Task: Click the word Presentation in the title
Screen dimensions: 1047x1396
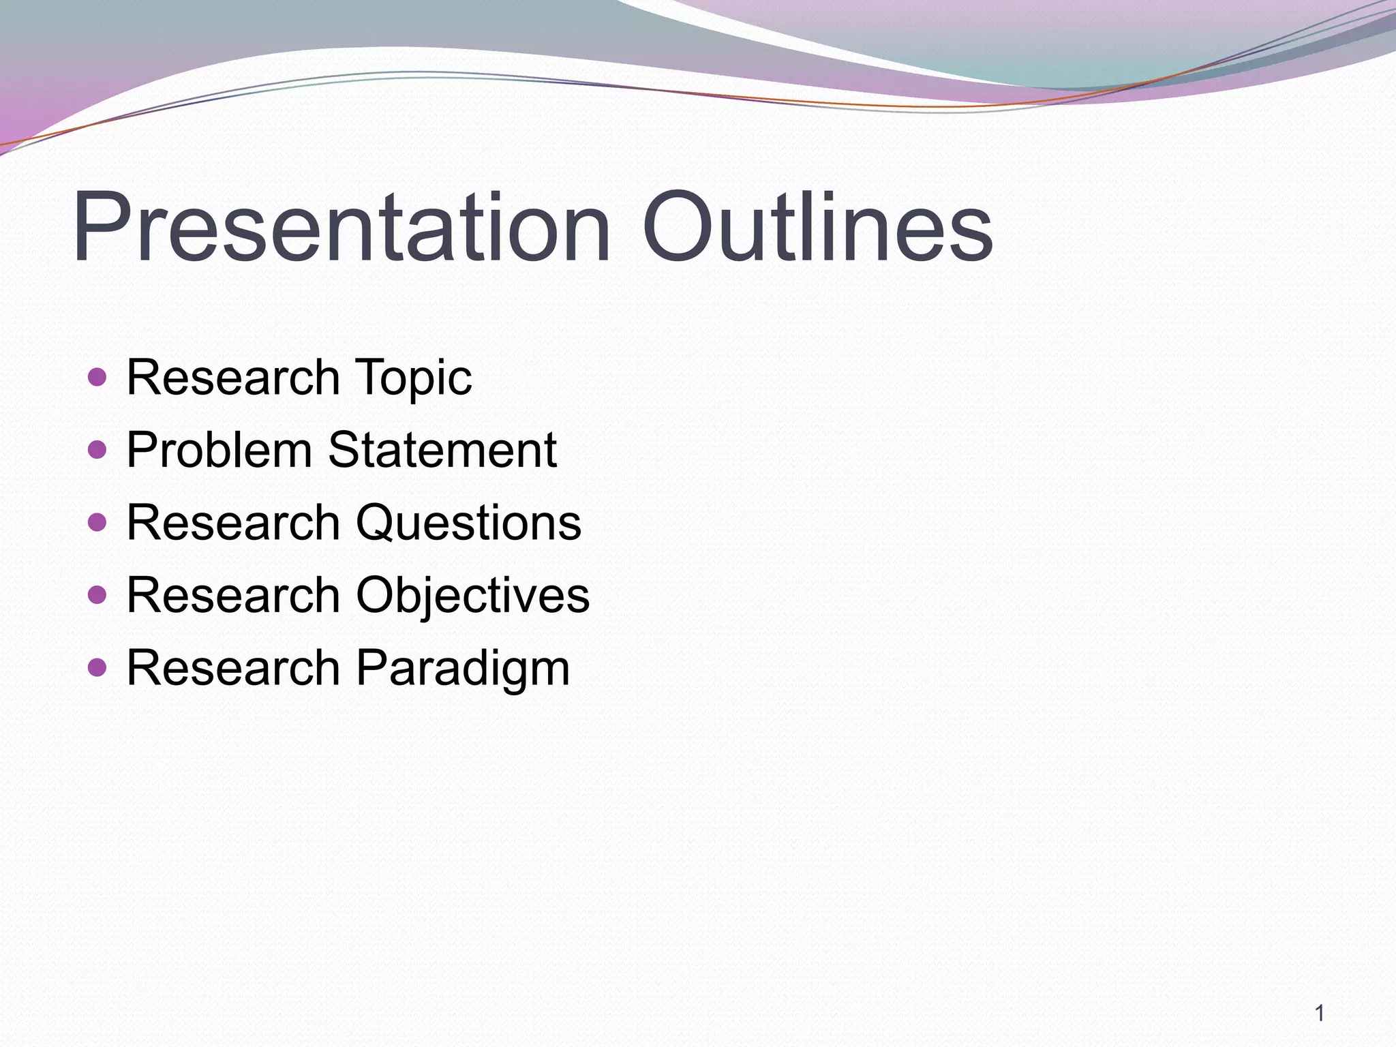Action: point(341,228)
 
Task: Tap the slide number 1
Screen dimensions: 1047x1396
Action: point(1320,1014)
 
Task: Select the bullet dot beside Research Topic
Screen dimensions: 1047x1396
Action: point(97,377)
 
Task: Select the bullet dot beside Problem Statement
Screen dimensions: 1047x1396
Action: point(97,450)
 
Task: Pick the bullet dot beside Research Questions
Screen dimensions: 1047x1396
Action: point(97,523)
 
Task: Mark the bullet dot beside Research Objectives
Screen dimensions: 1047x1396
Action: point(97,595)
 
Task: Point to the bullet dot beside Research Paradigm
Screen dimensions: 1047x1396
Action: point(97,667)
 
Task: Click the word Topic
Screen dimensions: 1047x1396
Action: point(413,379)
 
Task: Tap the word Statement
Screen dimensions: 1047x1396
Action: point(442,450)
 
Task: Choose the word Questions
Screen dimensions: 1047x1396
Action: point(468,523)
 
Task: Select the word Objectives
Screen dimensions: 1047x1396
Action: point(472,596)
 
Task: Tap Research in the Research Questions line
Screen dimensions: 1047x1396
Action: point(232,523)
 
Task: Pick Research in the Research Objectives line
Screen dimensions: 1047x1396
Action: point(232,595)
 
